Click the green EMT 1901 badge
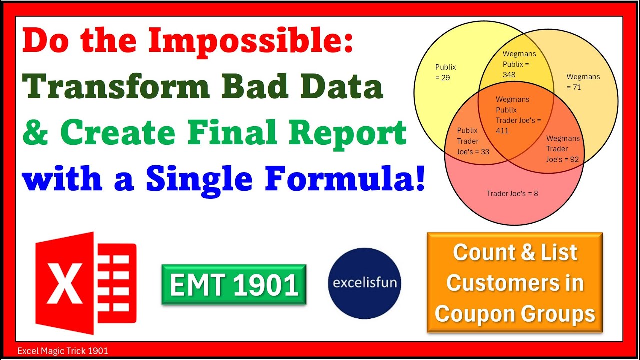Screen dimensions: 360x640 (x=234, y=284)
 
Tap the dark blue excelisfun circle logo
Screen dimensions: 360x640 (x=365, y=283)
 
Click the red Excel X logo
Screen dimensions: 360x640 (x=85, y=282)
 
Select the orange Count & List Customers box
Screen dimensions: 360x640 (x=515, y=283)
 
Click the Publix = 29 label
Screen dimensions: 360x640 (x=445, y=72)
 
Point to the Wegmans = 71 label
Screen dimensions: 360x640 (x=583, y=82)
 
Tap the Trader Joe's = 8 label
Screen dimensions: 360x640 (x=512, y=193)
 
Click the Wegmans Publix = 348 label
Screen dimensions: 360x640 (x=519, y=64)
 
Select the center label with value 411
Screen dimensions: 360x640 (x=518, y=115)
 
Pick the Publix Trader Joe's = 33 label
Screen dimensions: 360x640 (x=473, y=141)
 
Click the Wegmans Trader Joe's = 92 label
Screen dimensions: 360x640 (x=563, y=149)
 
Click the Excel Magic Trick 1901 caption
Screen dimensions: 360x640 (x=62, y=351)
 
